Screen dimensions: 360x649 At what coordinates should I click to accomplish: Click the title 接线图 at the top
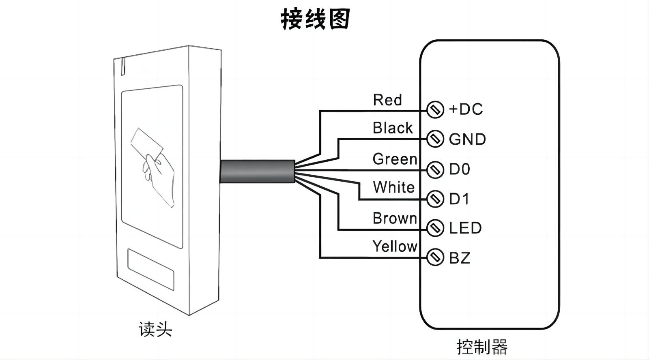[x=315, y=19]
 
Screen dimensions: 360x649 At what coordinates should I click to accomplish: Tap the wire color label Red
[x=387, y=100]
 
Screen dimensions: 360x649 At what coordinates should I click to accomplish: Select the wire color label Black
[x=392, y=128]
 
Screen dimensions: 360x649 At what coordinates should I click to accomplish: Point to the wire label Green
[x=395, y=159]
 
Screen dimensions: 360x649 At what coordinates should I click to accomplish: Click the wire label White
[x=393, y=187]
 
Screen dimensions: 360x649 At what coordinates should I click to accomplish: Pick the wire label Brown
[x=395, y=219]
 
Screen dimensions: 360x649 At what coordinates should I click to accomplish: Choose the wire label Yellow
[x=395, y=246]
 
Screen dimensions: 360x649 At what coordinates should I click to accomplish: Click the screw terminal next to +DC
[x=435, y=109]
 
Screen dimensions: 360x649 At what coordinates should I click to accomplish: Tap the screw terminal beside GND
[x=435, y=139]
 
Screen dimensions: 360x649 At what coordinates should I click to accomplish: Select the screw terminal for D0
[x=435, y=169]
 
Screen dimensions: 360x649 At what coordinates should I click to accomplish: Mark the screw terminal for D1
[x=435, y=199]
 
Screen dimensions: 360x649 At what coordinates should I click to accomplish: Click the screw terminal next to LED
[x=435, y=228]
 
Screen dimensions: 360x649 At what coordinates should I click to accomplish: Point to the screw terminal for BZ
[x=435, y=257]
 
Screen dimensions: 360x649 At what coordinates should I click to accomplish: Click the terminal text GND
[x=467, y=139]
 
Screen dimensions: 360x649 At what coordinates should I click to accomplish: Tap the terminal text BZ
[x=460, y=258]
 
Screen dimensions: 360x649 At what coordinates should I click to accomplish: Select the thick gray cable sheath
[x=257, y=171]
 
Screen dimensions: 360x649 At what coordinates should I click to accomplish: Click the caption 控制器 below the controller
[x=482, y=347]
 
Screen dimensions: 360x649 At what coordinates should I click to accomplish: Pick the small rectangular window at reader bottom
[x=150, y=268]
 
